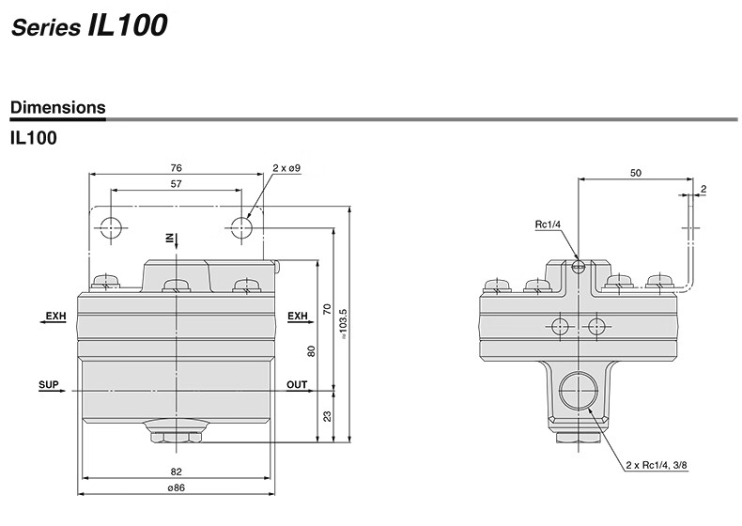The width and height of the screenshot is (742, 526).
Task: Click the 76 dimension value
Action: [x=176, y=167]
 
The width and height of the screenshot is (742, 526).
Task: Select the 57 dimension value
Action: [x=176, y=184]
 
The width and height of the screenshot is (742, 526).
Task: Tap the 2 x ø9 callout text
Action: [x=286, y=168]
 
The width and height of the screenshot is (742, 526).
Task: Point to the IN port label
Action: [x=169, y=239]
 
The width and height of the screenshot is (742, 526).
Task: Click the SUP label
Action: [x=49, y=384]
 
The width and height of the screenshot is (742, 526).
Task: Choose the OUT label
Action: [x=297, y=384]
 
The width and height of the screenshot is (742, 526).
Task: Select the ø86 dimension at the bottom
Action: [x=176, y=487]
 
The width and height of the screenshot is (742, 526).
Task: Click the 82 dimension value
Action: [x=176, y=472]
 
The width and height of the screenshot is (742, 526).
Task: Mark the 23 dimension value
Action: [x=327, y=416]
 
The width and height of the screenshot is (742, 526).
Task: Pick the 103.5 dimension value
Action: [x=344, y=324]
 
